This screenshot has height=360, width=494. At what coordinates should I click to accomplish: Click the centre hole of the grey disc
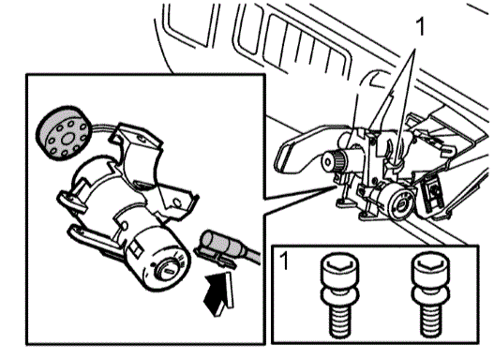[67, 139]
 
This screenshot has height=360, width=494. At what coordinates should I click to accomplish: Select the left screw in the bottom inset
[340, 295]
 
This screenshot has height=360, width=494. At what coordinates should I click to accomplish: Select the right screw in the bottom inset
[430, 295]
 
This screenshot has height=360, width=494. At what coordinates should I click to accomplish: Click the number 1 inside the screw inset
[284, 262]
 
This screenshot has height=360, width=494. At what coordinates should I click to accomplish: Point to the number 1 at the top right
[420, 27]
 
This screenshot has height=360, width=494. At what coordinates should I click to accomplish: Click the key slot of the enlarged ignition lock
[169, 271]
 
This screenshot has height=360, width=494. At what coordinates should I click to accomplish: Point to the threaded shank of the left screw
[340, 322]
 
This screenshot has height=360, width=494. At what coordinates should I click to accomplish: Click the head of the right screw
[430, 269]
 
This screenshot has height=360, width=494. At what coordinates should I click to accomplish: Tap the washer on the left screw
[340, 296]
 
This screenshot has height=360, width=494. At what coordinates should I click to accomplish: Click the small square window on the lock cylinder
[137, 247]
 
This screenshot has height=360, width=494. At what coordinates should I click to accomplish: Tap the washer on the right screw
[430, 296]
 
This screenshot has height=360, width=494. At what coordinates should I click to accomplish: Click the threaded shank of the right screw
[430, 322]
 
